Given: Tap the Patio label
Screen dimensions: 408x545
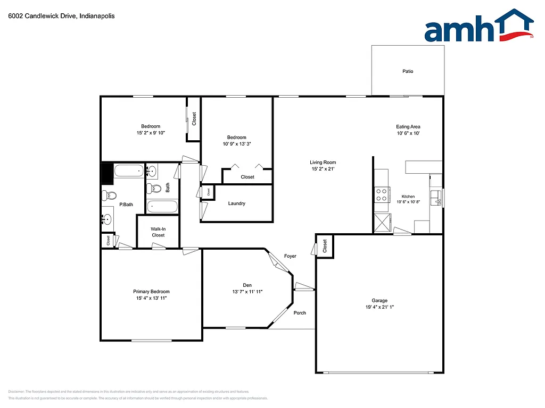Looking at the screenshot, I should [408, 71].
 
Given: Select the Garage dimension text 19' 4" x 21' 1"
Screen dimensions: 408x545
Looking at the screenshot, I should [379, 307].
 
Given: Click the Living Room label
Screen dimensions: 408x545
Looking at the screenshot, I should [323, 163].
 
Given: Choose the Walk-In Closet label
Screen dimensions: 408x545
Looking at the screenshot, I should [158, 232].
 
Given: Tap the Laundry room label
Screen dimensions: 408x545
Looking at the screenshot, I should [236, 203].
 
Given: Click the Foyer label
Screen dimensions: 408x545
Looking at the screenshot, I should [290, 256].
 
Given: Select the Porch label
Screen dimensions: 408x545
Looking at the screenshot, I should [300, 313].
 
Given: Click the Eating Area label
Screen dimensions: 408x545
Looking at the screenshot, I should [408, 126].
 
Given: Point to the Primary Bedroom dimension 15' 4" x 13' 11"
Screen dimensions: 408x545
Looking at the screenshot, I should [151, 299].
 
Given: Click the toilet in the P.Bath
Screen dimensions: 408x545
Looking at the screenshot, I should [109, 195].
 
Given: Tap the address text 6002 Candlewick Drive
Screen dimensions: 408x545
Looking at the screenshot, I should [43, 16].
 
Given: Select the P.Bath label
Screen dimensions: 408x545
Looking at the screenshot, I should [126, 205].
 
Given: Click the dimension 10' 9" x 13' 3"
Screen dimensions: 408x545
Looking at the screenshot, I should [237, 144].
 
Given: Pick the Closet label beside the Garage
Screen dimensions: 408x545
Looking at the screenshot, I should [325, 246].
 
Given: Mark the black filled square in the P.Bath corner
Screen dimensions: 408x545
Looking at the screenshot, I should [107, 172].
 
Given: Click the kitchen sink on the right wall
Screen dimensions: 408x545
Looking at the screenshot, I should [437, 197].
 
